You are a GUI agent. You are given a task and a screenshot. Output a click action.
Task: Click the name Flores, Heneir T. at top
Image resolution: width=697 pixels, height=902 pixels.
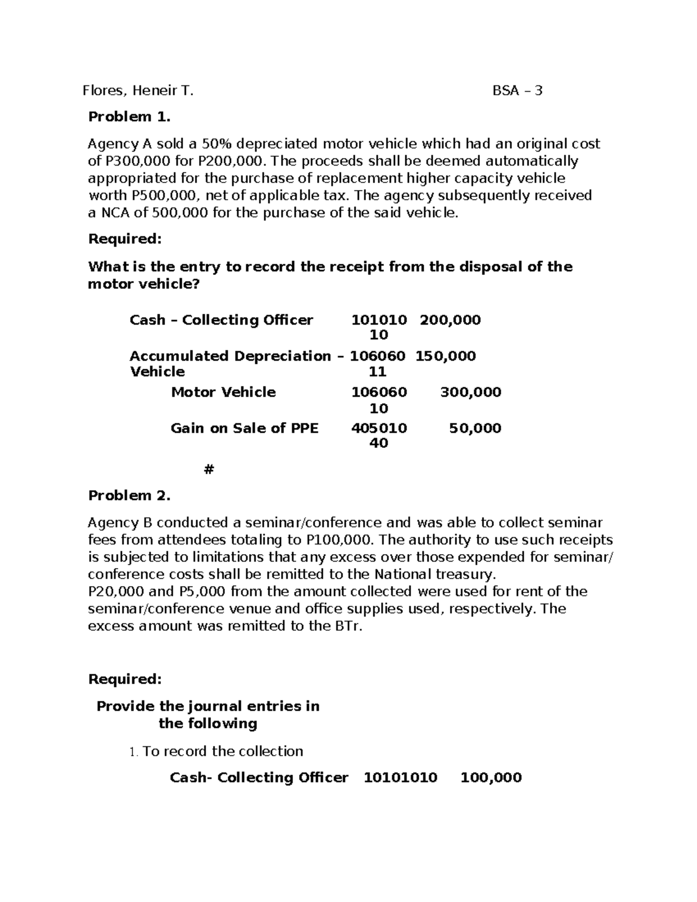[x=138, y=91]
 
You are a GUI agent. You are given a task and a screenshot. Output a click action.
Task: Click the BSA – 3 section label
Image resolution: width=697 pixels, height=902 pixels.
[x=517, y=91]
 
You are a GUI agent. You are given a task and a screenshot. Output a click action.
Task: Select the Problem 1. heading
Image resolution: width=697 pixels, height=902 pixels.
[x=129, y=117]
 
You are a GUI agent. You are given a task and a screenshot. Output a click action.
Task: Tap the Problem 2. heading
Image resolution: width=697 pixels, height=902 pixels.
[x=129, y=495]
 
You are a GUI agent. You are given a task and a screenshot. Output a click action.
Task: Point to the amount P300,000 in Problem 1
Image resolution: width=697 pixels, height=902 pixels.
[x=131, y=161]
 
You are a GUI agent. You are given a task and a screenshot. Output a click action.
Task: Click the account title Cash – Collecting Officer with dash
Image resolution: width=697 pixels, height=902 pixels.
[x=221, y=320]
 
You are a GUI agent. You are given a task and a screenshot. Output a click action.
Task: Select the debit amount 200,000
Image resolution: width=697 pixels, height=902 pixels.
[x=450, y=320]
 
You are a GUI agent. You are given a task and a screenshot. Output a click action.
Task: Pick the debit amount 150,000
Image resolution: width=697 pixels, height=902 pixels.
[x=445, y=356]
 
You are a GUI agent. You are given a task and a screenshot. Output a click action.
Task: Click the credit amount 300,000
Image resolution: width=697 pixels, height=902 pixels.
[x=470, y=392]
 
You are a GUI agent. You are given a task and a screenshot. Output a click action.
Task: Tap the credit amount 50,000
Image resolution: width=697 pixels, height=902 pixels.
[x=475, y=428]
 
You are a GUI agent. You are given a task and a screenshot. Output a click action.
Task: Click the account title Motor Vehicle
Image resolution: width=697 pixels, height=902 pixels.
[x=223, y=392]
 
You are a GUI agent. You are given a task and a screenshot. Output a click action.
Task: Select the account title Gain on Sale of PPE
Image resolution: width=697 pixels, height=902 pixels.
[x=245, y=428]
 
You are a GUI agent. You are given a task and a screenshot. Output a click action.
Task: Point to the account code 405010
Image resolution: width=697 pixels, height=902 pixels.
[x=379, y=428]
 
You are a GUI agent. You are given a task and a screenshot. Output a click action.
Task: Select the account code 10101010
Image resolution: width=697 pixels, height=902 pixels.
[x=400, y=778]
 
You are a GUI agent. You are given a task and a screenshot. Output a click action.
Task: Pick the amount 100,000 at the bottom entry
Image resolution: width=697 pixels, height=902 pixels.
[x=491, y=778]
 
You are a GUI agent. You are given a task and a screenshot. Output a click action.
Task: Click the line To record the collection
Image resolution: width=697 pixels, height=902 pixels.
[x=222, y=751]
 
